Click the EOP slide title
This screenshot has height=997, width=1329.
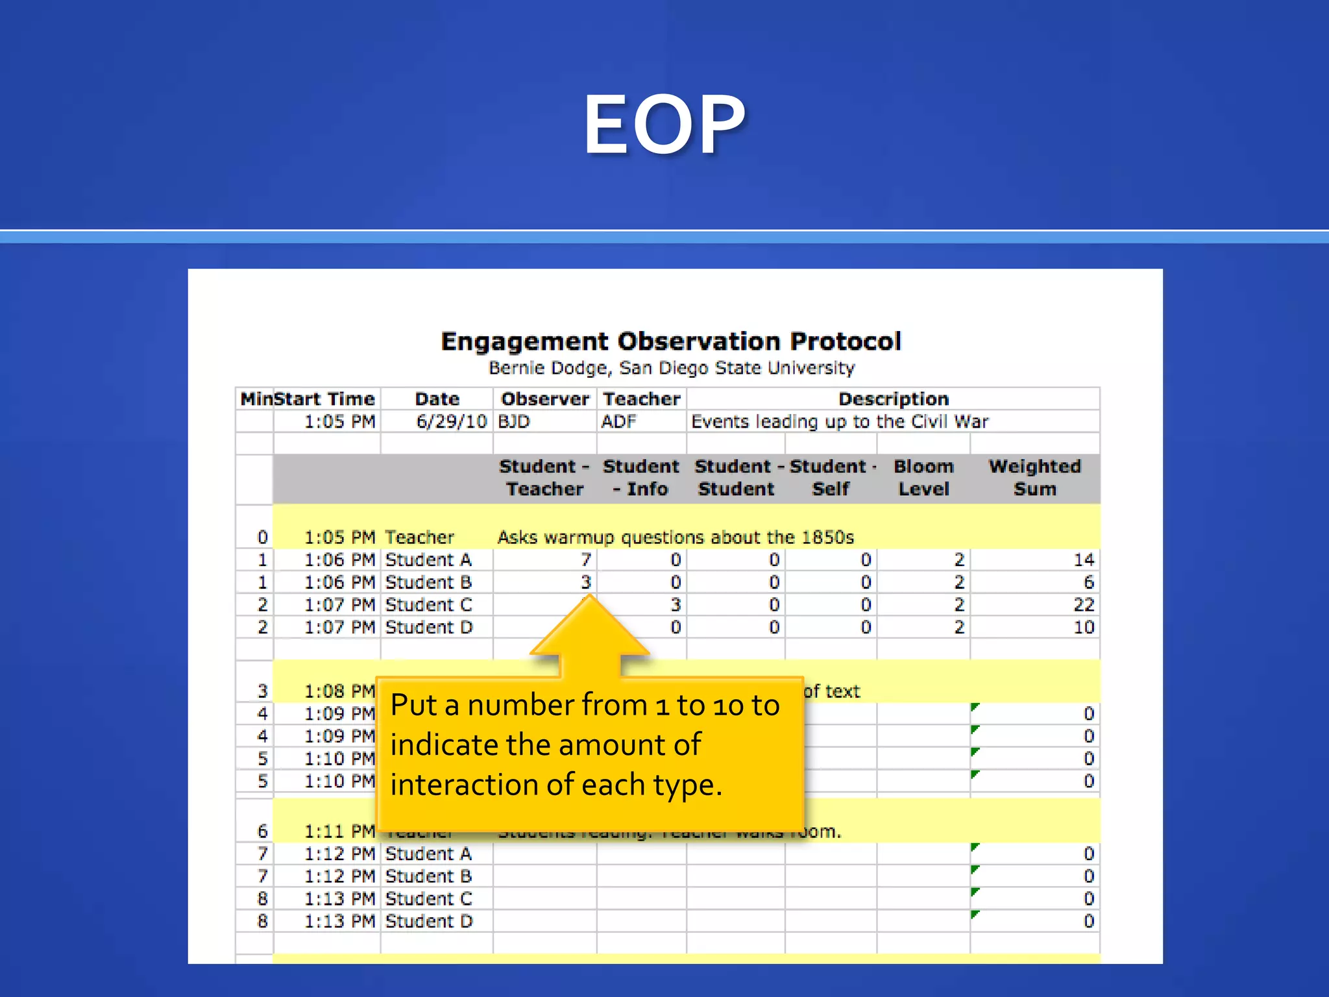664,125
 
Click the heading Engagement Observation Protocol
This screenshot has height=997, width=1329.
671,341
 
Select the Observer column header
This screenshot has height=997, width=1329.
545,399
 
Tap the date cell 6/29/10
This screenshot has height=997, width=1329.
451,422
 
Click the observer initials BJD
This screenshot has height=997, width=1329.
514,422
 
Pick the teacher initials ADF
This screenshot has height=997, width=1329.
618,422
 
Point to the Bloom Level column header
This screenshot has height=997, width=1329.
923,478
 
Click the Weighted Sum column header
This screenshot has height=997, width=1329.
1034,478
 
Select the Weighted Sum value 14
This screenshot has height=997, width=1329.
1083,560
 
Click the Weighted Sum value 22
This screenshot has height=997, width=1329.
1083,605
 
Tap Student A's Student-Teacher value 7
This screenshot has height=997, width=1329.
585,560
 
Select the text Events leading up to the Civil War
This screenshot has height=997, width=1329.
840,422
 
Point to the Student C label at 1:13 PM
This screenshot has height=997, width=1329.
428,899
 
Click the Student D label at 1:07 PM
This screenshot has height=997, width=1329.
428,628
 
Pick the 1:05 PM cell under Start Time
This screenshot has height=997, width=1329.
339,422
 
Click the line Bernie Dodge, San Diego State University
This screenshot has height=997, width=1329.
671,368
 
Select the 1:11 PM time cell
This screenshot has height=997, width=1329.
339,831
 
